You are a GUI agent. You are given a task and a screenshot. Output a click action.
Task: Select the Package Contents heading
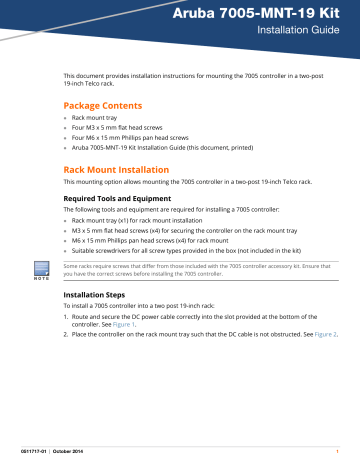(x=108, y=105)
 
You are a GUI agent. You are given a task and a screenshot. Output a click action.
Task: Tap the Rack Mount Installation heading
(x=126, y=170)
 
